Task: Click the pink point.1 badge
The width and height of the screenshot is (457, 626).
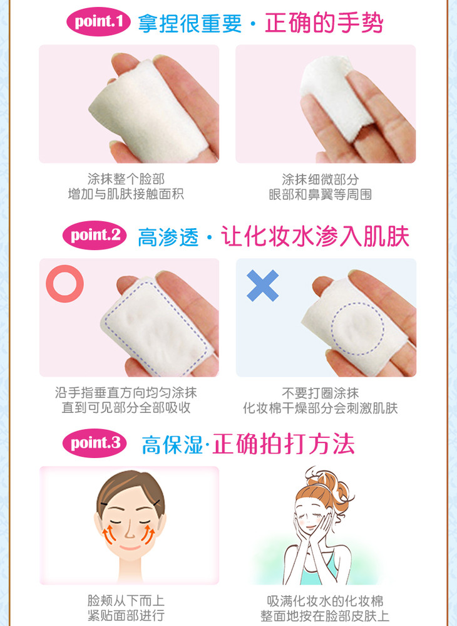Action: [x=98, y=21]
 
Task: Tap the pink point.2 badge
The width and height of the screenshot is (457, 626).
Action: [x=95, y=235]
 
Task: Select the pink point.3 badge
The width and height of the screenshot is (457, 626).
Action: [x=95, y=443]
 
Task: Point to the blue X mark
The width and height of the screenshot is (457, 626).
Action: [x=262, y=286]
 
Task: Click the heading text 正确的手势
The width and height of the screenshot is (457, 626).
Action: [x=324, y=23]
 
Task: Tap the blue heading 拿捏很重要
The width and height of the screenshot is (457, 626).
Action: [x=190, y=23]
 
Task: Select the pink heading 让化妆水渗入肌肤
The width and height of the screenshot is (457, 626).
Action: [x=315, y=236]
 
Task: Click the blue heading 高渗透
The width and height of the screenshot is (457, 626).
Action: [x=168, y=237]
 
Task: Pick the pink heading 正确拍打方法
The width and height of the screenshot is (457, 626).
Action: [x=283, y=444]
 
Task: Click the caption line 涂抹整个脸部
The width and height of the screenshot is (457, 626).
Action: [x=126, y=179]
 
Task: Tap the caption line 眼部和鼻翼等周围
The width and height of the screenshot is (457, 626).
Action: [x=321, y=194]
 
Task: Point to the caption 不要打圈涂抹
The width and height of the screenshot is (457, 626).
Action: [x=321, y=393]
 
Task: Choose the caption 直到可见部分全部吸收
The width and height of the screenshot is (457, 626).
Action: [x=126, y=407]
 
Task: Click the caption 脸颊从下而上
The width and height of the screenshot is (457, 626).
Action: [x=126, y=600]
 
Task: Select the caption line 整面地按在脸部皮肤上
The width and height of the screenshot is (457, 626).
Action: [x=325, y=615]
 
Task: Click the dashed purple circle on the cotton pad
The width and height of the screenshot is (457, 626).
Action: [x=331, y=328]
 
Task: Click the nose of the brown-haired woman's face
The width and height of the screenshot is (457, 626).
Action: [x=130, y=531]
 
